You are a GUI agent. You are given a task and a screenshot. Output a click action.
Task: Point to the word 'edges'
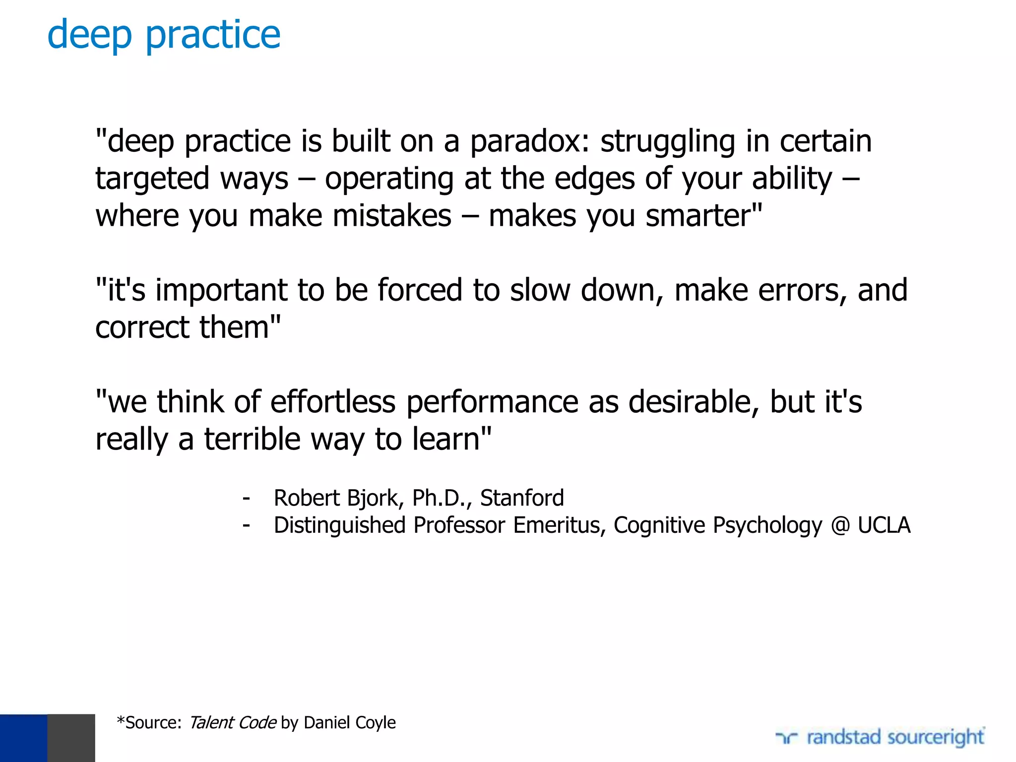coord(594,179)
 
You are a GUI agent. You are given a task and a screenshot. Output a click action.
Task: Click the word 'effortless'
coord(333,402)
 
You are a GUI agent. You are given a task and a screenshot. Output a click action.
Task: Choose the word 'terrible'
coord(253,440)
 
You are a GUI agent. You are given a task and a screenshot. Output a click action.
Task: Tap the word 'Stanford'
coord(522,498)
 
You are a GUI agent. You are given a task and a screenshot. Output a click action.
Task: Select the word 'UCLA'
coord(884,525)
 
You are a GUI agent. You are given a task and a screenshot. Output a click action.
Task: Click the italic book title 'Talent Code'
coord(233,723)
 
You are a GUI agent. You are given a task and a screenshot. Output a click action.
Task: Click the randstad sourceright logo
coord(880,737)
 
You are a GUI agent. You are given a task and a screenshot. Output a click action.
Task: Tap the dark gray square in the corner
coord(71,738)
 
